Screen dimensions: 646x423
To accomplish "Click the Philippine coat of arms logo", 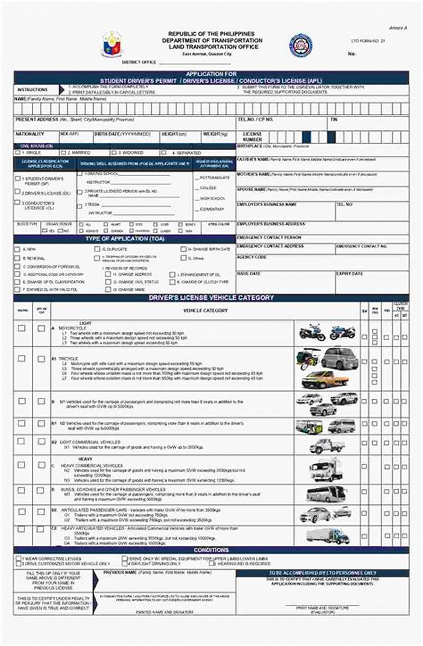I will (112, 43).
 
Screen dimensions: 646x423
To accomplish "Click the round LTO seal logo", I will (300, 45).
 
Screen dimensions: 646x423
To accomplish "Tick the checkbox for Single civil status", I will (18, 152).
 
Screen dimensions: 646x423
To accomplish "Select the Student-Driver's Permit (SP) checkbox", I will (18, 179).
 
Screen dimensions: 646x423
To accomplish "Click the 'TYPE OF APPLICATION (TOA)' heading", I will (124, 239).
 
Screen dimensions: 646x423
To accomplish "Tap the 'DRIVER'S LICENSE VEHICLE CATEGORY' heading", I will (211, 298).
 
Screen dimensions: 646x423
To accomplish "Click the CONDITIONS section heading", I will (211, 550).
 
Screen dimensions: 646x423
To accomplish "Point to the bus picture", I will (326, 494).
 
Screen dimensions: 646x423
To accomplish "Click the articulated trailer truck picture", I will (328, 535).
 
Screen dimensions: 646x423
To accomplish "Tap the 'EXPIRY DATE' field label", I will (350, 274).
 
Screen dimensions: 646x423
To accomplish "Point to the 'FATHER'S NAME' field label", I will (253, 159).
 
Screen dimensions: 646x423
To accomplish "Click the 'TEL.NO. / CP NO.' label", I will (255, 120).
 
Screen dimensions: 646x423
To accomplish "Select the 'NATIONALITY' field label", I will (30, 134).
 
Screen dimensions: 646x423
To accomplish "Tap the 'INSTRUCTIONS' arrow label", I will (33, 90).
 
